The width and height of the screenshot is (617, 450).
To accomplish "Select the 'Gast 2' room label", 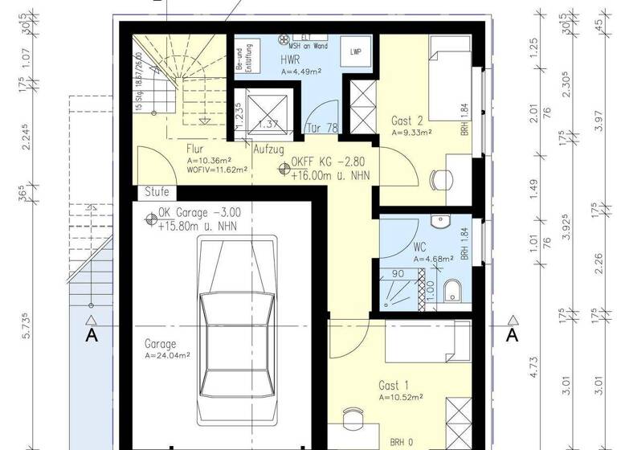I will tap(407, 120).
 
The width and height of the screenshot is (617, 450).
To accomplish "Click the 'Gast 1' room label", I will tap(394, 385).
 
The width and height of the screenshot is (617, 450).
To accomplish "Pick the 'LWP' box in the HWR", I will tap(355, 51).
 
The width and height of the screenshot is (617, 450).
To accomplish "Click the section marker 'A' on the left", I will tap(92, 335).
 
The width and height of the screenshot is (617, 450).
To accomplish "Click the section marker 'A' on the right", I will tap(512, 335).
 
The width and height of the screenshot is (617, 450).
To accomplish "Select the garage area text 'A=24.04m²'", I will tap(167, 354).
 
